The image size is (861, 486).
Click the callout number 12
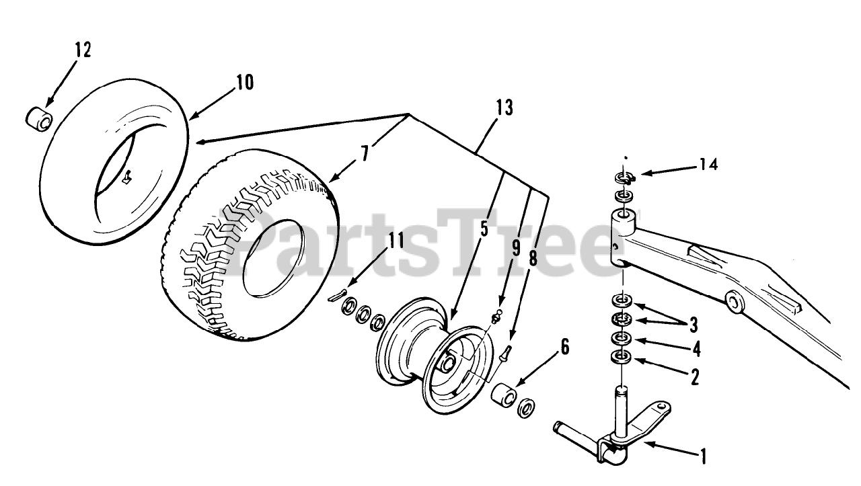pos(83,50)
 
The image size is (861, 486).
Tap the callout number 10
pos(244,83)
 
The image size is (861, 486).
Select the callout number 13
pos(504,108)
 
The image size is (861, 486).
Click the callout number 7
pos(364,153)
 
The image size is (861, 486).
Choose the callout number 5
pos(484,229)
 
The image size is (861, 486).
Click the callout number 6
pos(564,347)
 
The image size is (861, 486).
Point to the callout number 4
pos(696,350)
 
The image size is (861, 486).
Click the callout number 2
pos(694,377)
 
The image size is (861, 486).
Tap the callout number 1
pos(702,458)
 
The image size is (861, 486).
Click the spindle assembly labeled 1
pos(615,430)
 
